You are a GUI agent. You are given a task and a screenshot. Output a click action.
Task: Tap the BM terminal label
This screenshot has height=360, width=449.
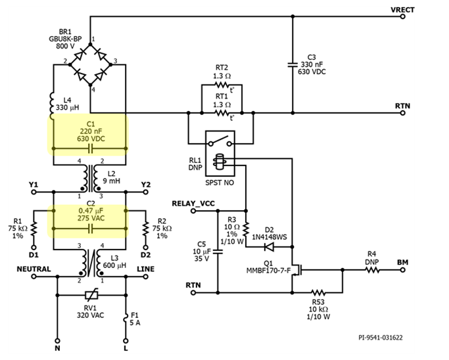(x=402, y=262)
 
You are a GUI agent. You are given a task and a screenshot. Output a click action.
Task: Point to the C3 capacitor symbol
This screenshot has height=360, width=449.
(x=292, y=65)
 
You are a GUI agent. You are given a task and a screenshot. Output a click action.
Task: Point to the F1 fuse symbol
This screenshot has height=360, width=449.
(x=125, y=320)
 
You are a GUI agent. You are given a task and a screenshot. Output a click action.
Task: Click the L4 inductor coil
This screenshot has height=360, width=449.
(x=52, y=102)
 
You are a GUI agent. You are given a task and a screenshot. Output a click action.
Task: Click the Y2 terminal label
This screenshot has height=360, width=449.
(x=145, y=184)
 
